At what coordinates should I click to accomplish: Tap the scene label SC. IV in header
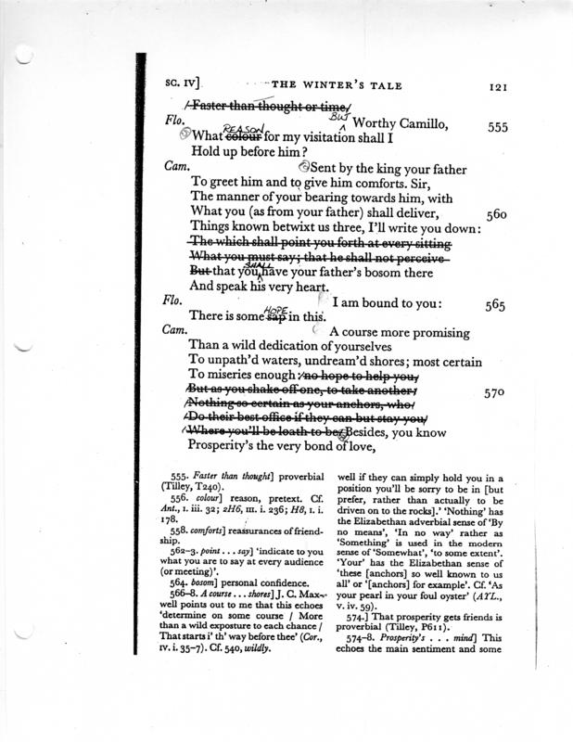(x=184, y=87)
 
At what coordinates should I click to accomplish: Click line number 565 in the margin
(x=499, y=303)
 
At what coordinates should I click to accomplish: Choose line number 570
(x=498, y=392)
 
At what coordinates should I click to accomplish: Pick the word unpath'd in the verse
(x=236, y=365)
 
